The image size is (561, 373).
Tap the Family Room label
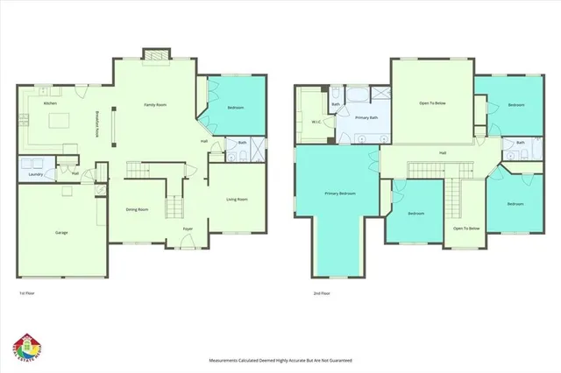[156, 104]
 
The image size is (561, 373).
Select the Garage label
[62, 232]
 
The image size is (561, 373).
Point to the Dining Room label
[137, 209]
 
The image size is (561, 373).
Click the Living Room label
[237, 200]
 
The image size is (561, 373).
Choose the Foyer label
[188, 229]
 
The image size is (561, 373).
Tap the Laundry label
[36, 173]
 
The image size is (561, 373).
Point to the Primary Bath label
[366, 116]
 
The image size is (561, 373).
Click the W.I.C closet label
[315, 122]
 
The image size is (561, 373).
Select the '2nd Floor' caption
[321, 293]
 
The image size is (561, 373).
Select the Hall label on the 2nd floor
[444, 153]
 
